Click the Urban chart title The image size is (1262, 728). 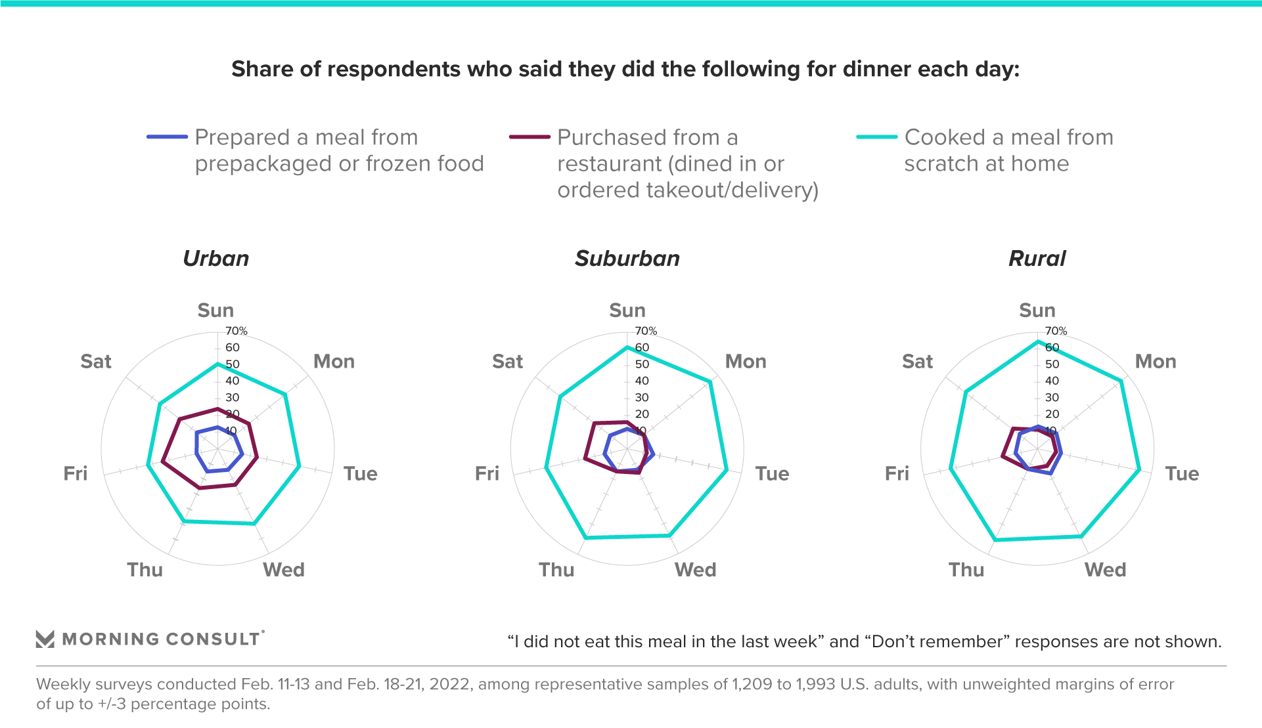[216, 259]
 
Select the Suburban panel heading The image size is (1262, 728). [627, 259]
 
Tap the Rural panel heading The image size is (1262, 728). [1037, 259]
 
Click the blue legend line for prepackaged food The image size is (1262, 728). [167, 137]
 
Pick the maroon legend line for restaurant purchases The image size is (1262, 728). [530, 137]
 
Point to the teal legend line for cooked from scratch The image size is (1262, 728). [876, 137]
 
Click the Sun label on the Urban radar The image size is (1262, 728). [215, 310]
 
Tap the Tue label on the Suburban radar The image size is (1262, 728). [772, 474]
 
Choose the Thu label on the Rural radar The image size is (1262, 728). [966, 570]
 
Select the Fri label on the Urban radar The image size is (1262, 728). [76, 474]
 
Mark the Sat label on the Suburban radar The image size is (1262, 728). [507, 362]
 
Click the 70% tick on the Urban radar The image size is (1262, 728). [237, 331]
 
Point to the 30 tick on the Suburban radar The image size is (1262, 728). [642, 398]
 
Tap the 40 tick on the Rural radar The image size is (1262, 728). [1052, 381]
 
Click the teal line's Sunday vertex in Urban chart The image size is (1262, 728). [217, 364]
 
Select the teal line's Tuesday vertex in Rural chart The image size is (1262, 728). [1139, 470]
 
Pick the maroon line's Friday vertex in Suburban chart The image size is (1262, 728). [585, 458]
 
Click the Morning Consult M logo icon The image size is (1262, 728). [45, 639]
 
